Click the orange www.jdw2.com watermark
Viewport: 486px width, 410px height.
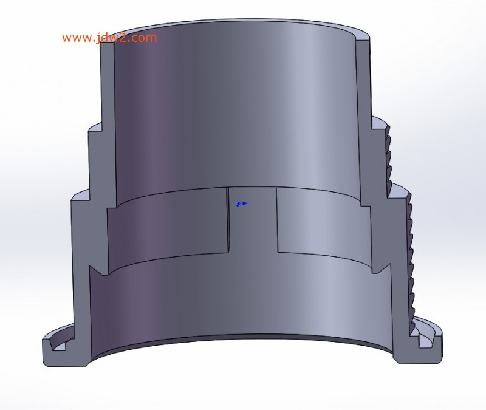pos(109,38)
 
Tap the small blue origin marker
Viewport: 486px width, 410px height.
pos(242,203)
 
